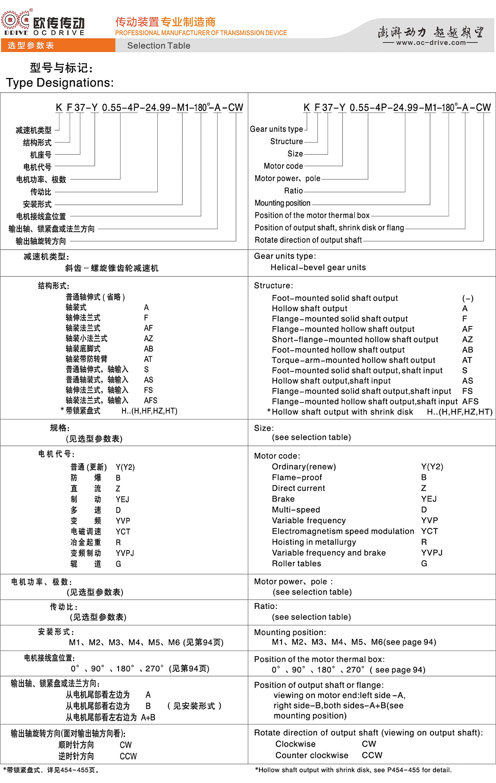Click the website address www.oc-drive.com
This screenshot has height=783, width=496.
[431, 43]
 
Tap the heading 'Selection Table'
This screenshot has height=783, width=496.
[158, 46]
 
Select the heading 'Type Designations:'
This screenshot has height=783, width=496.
[60, 83]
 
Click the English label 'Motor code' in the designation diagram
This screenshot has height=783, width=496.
[283, 166]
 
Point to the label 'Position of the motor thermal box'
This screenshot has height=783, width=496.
[312, 215]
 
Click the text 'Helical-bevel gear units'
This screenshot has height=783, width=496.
[318, 267]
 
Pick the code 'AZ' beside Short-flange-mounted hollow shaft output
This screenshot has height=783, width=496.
[467, 339]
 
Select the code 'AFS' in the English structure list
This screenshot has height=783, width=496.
[470, 402]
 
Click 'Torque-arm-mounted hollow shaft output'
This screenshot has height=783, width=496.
[353, 360]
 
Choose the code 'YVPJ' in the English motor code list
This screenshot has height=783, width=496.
[432, 553]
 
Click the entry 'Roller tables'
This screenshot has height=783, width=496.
[296, 564]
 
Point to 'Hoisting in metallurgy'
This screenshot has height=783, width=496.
[314, 542]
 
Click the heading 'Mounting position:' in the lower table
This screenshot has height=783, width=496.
[290, 632]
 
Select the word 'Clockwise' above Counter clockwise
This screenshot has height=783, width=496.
[295, 744]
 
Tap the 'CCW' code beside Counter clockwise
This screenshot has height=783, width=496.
[372, 755]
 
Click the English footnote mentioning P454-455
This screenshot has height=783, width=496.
[353, 770]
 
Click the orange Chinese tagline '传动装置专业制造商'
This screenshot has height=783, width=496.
[165, 22]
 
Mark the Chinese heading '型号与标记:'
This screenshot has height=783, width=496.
[61, 68]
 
